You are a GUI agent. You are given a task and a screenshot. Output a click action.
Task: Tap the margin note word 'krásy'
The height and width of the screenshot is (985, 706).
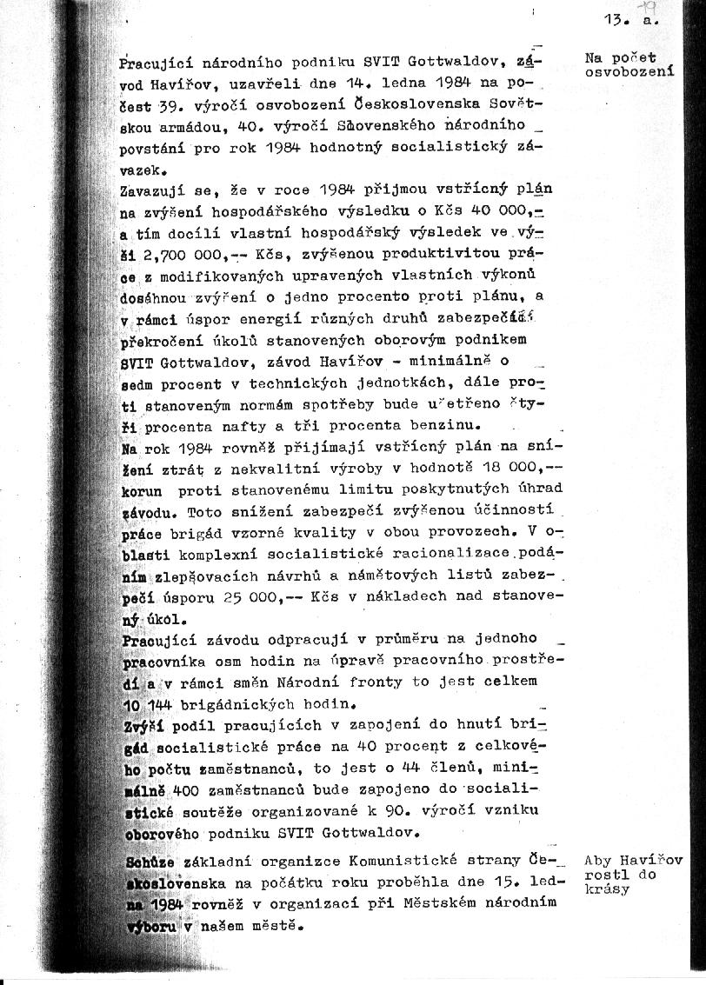(x=607, y=889)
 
